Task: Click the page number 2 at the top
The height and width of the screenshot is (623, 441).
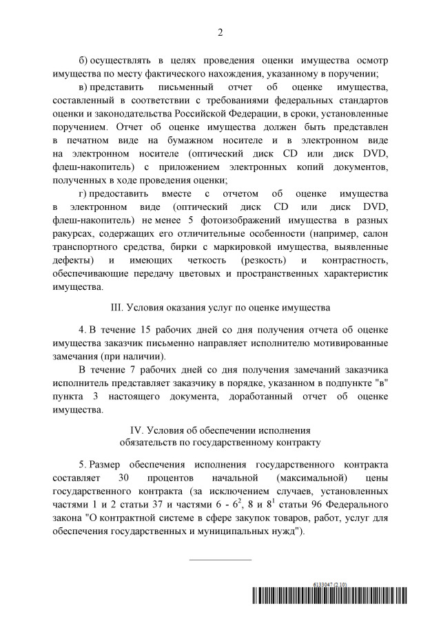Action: point(220,32)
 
